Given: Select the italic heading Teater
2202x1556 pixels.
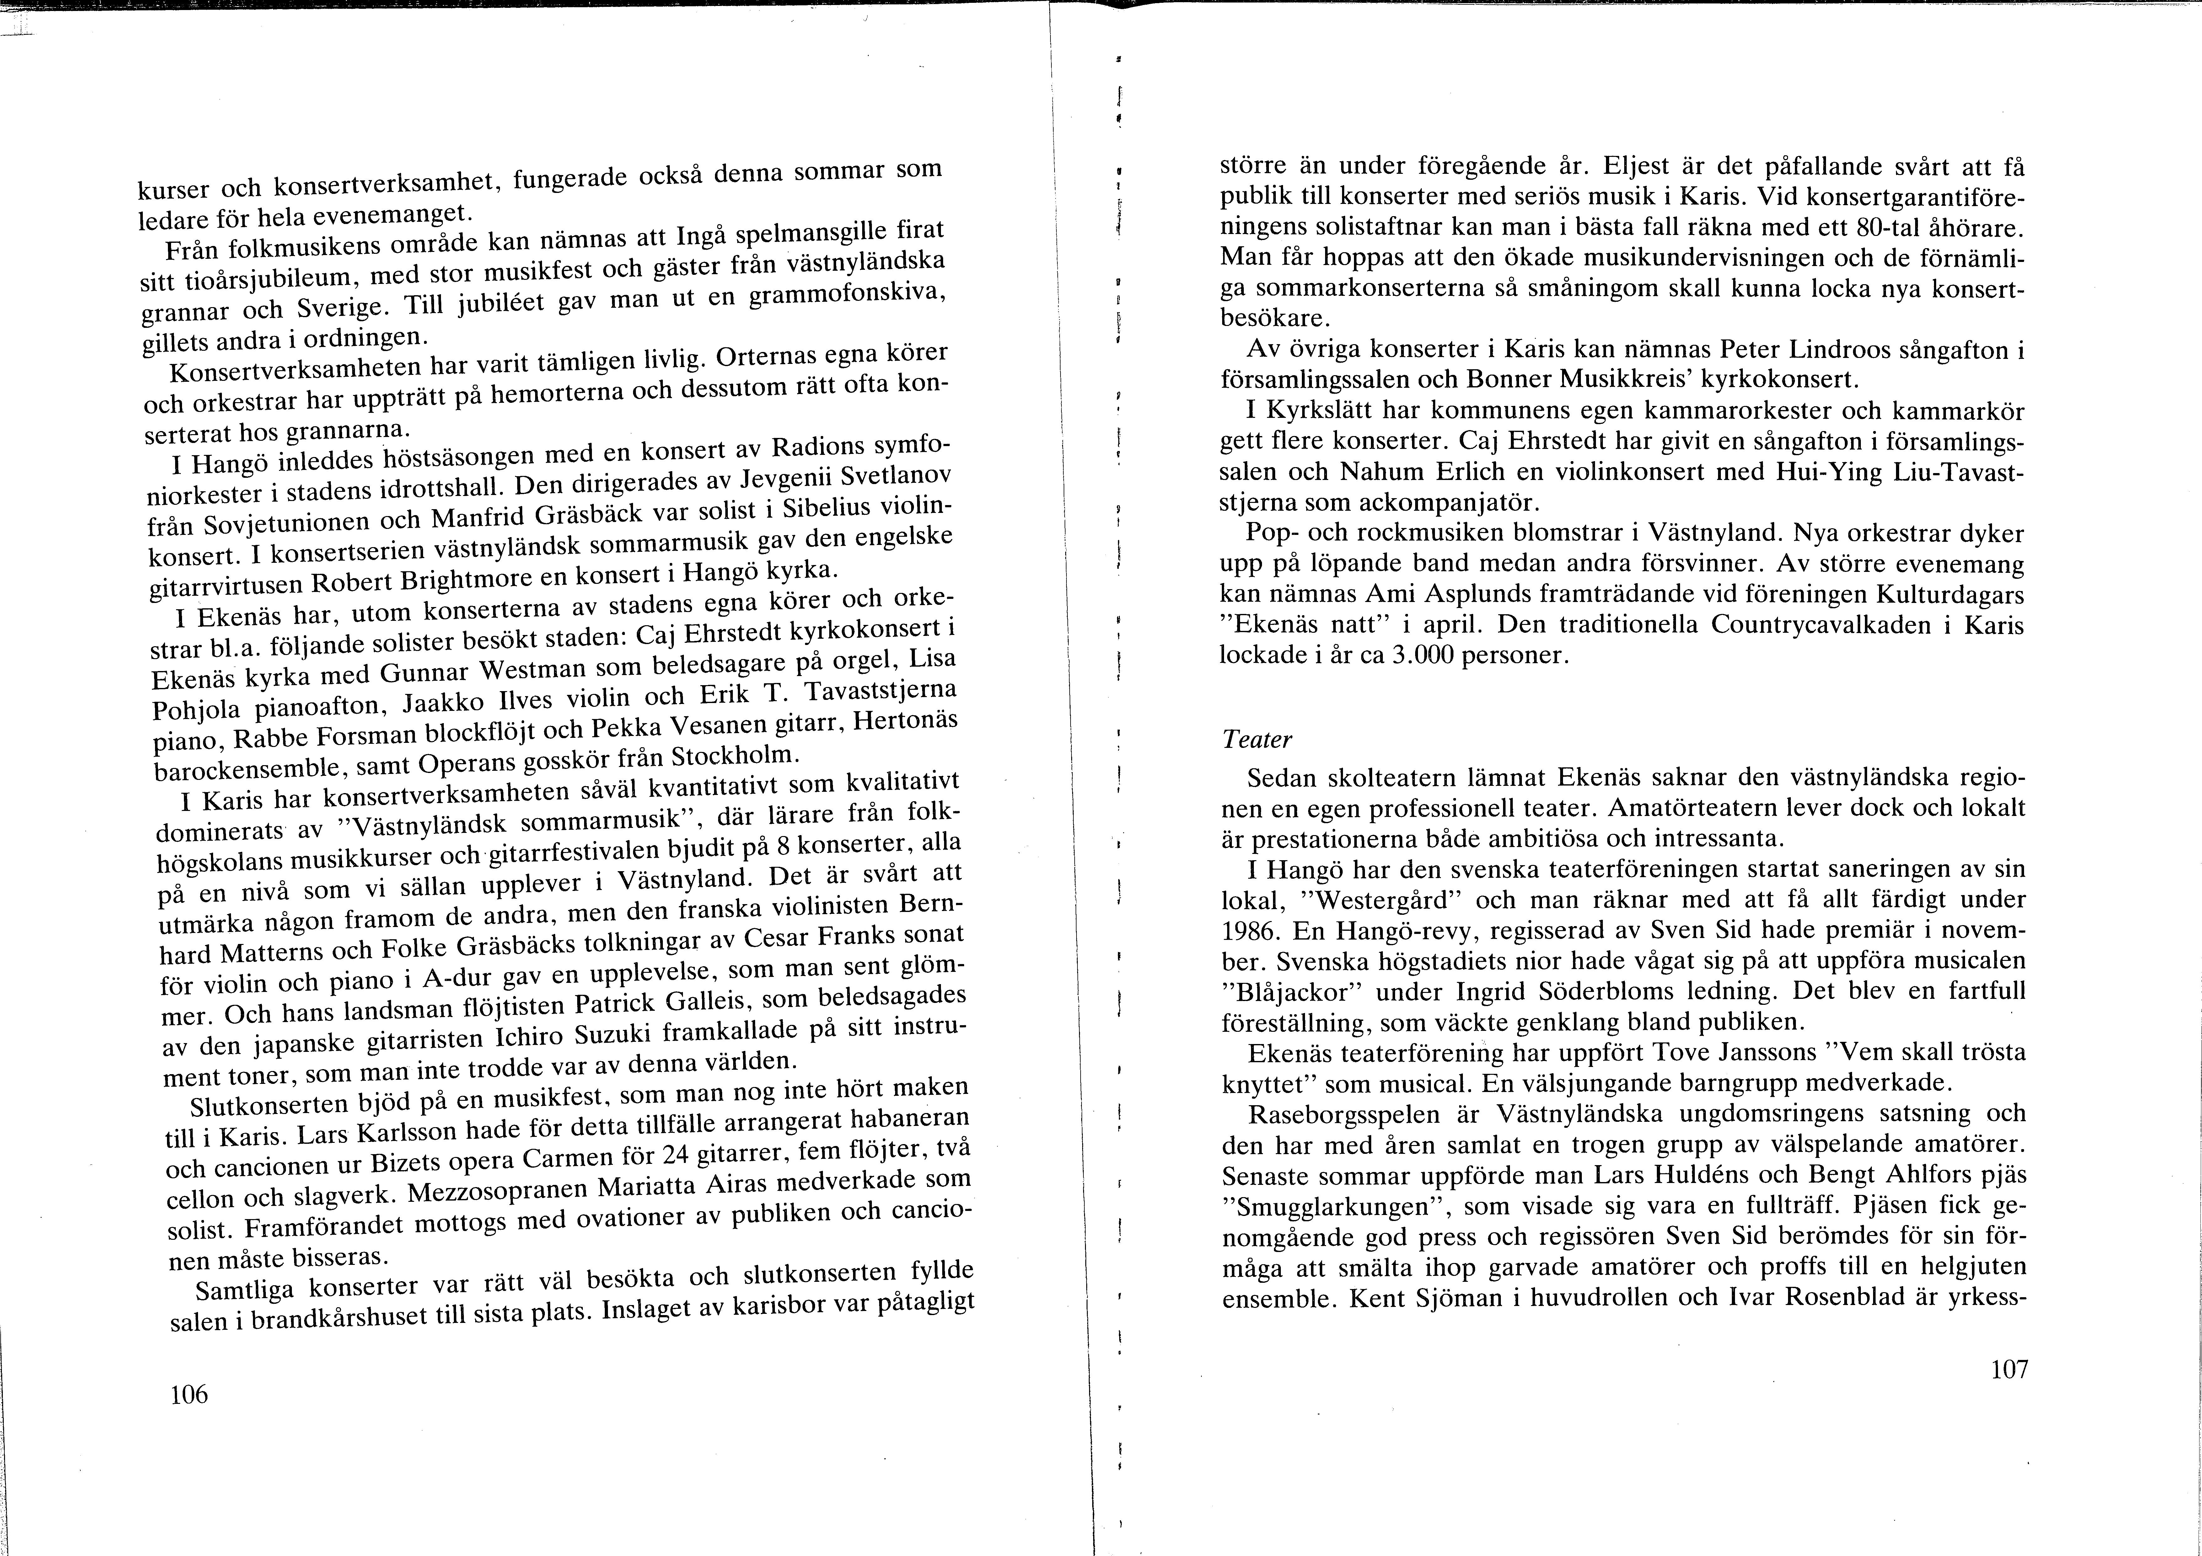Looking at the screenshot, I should pos(1257,740).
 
